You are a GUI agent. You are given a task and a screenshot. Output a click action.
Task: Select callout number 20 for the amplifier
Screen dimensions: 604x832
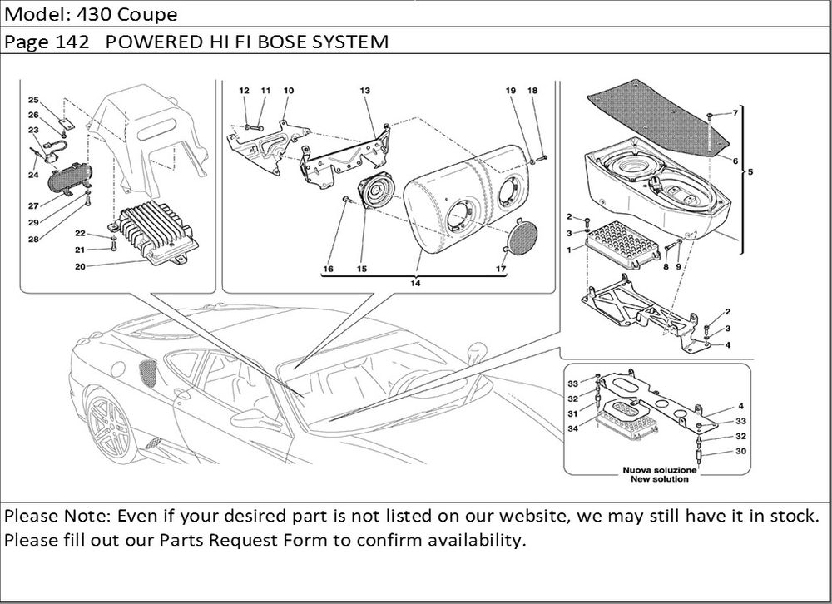(80, 266)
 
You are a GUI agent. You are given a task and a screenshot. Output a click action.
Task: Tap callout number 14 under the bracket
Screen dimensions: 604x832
(414, 284)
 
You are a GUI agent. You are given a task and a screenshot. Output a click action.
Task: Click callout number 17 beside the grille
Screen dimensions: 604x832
(501, 269)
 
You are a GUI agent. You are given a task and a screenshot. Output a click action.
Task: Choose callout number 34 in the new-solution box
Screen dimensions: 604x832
(572, 429)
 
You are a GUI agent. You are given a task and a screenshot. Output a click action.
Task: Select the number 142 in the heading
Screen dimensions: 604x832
(77, 41)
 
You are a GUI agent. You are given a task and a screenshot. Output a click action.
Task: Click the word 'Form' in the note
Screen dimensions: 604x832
(307, 540)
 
